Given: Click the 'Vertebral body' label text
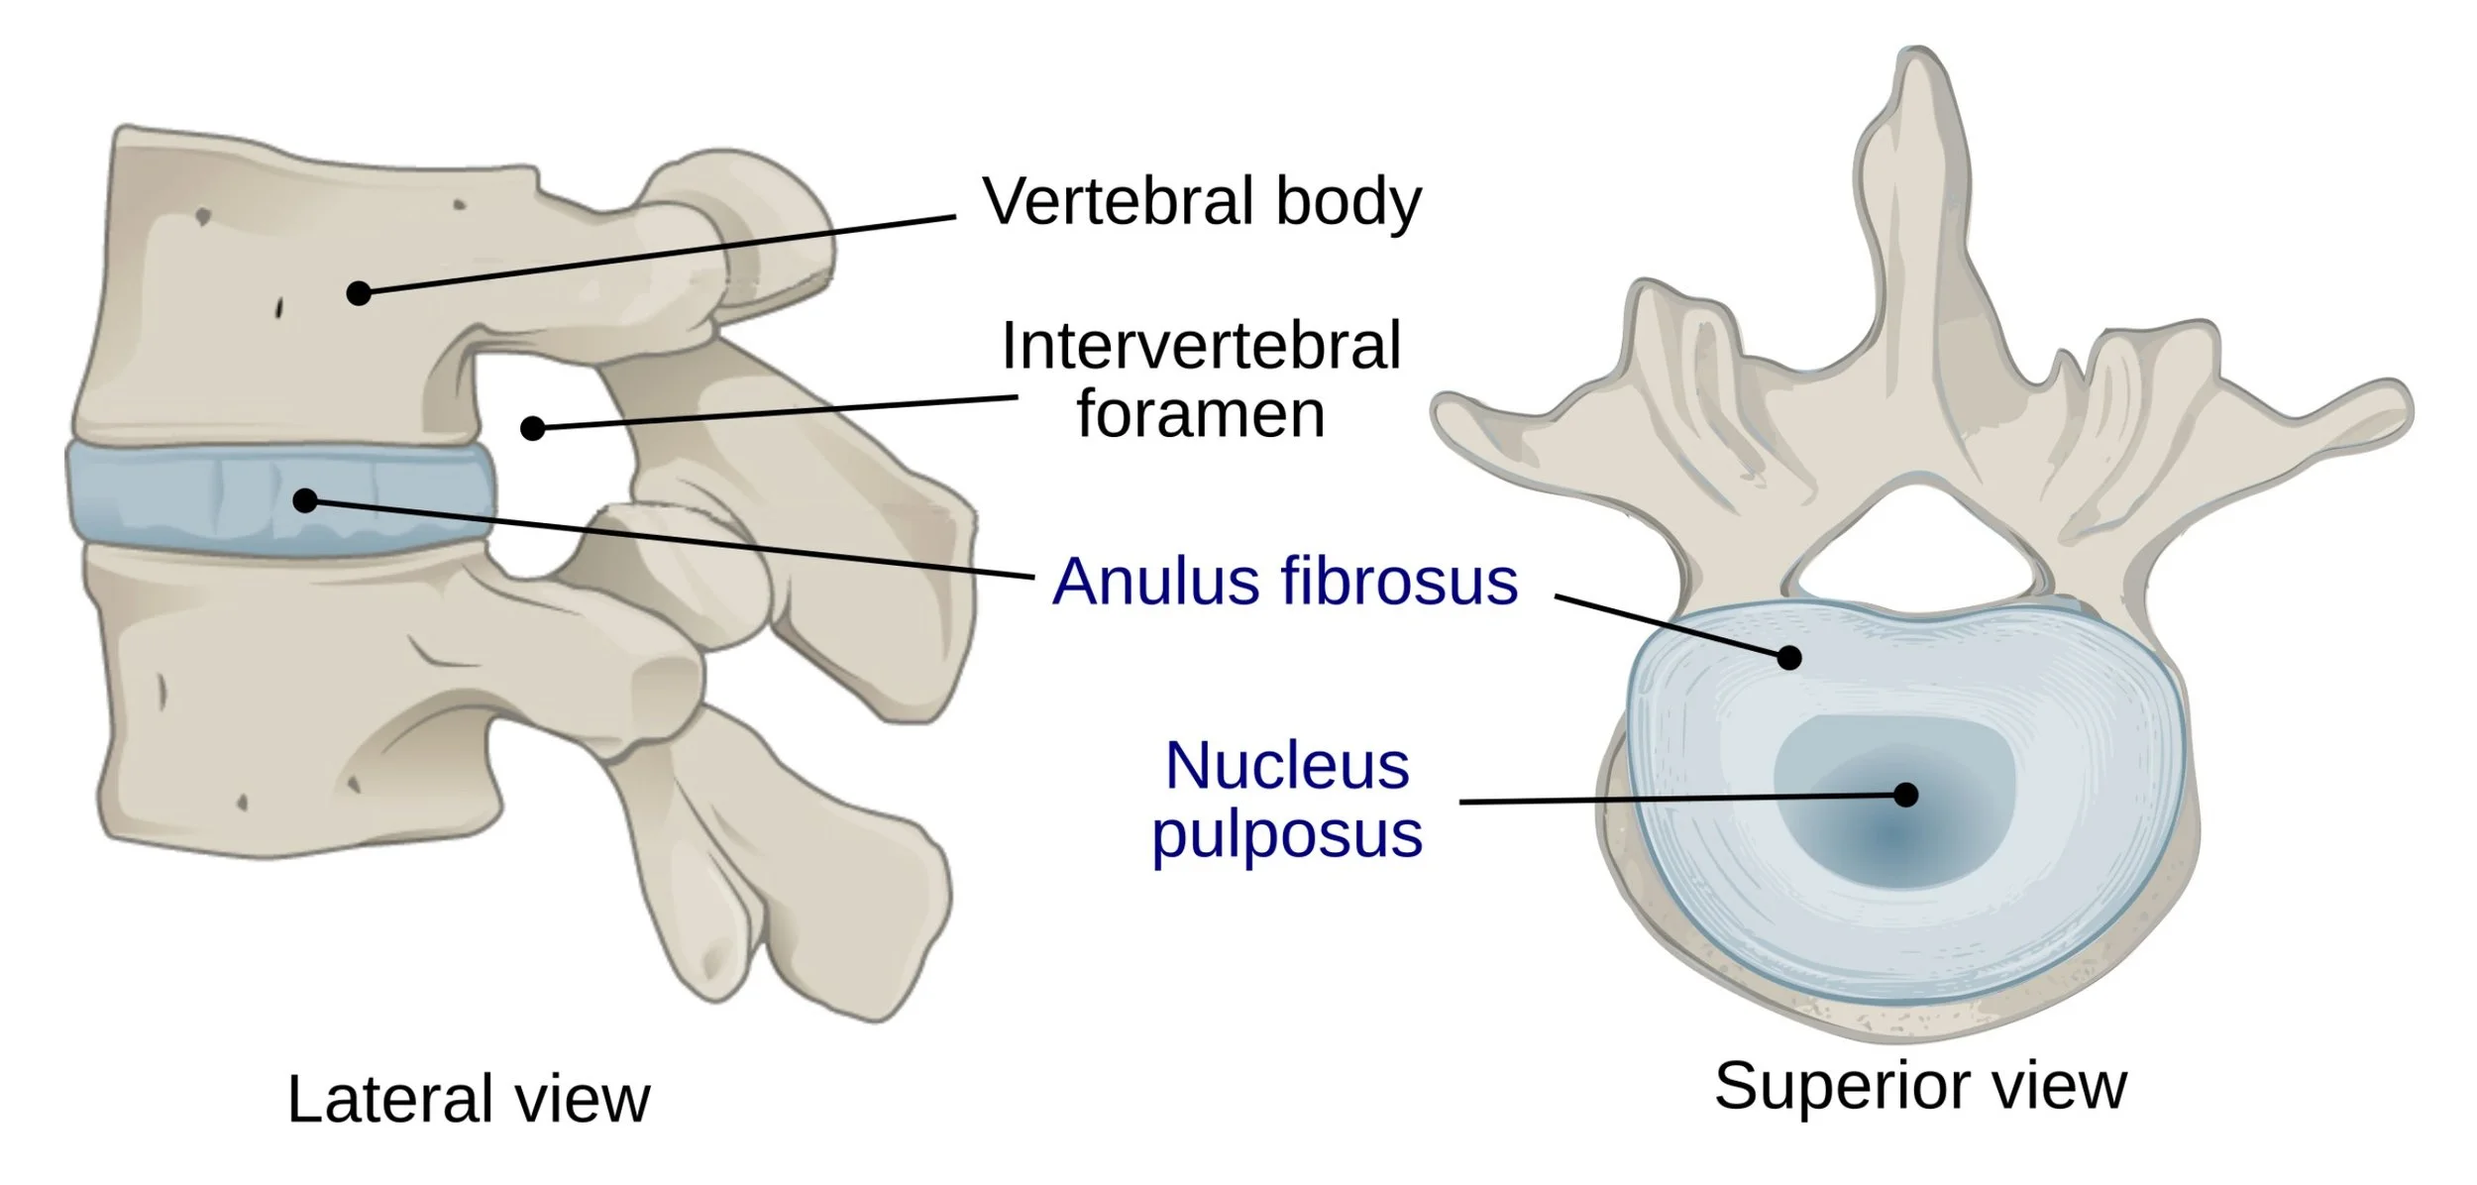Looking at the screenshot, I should pyautogui.click(x=1201, y=202).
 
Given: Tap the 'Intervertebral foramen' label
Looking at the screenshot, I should pyautogui.click(x=1201, y=378).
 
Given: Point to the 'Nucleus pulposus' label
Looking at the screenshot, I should pyautogui.click(x=1287, y=800).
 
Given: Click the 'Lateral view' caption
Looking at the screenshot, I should pyautogui.click(x=469, y=1099).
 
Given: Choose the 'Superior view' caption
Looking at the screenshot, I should pyautogui.click(x=1920, y=1086).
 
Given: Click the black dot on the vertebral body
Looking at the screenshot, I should pyautogui.click(x=359, y=293).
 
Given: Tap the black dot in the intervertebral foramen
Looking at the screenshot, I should pyautogui.click(x=533, y=428).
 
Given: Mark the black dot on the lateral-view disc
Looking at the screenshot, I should pyautogui.click(x=305, y=500).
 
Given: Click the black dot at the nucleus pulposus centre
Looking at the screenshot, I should pyautogui.click(x=1905, y=795).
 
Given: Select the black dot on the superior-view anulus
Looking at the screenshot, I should pyautogui.click(x=1789, y=657).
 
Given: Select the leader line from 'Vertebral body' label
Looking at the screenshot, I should pyautogui.click(x=654, y=255).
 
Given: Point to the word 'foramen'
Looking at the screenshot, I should pyautogui.click(x=1201, y=414).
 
